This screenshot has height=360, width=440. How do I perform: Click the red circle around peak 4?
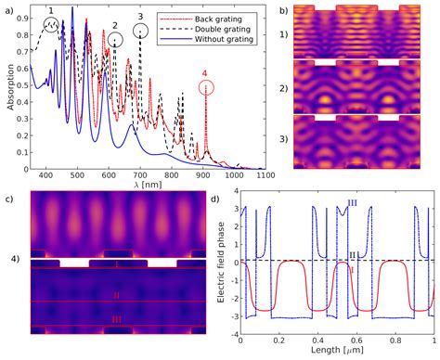pyautogui.click(x=206, y=87)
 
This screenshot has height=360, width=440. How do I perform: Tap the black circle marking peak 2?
pyautogui.click(x=115, y=40)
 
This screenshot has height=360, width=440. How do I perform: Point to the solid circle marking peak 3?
pyautogui.click(x=140, y=31)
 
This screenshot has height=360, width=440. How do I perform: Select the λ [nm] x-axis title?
pyautogui.click(x=149, y=184)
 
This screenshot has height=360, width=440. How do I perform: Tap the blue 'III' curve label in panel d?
pyautogui.click(x=351, y=202)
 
